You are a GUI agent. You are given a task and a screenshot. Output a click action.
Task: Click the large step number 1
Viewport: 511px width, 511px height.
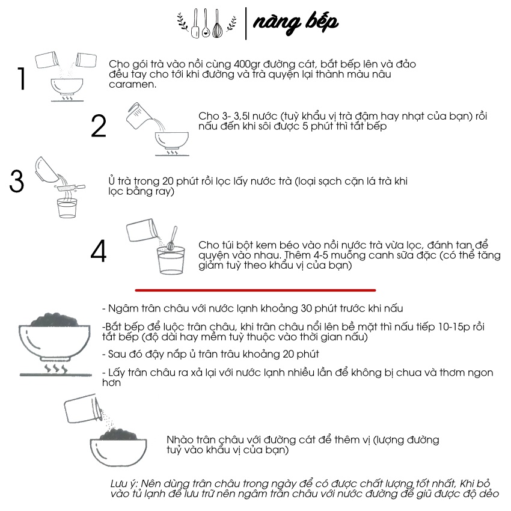coord(22,78)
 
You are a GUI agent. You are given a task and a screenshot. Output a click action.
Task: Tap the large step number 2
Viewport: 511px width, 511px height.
coord(99,126)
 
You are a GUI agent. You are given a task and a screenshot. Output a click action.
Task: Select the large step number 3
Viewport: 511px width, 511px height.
coord(17,181)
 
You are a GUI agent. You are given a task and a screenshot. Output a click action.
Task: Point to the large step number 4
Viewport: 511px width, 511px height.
coord(99,251)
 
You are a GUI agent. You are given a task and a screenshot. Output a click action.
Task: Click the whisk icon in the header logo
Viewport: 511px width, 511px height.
coord(218,25)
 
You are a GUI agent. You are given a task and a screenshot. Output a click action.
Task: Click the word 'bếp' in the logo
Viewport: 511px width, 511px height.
coord(321,22)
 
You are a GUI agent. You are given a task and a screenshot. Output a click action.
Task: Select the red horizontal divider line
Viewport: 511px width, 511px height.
coord(255,290)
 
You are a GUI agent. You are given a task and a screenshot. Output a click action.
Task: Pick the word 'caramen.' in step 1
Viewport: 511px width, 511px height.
coord(133,84)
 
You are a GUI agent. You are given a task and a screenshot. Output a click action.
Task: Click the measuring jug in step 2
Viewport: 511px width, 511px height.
coord(138,115)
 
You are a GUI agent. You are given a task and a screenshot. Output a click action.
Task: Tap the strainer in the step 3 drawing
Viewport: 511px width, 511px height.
coord(71,188)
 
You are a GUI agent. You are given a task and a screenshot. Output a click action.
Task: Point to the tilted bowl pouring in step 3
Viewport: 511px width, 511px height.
coord(46,169)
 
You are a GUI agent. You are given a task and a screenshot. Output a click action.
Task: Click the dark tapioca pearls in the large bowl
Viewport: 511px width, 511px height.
coord(55,319)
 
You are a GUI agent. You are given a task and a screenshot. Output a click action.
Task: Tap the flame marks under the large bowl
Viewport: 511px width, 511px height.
coord(56,369)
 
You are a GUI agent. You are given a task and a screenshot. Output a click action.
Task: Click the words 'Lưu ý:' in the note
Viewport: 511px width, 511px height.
coord(124,484)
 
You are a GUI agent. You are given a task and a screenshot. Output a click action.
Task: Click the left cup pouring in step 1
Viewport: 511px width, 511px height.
coord(47,60)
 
